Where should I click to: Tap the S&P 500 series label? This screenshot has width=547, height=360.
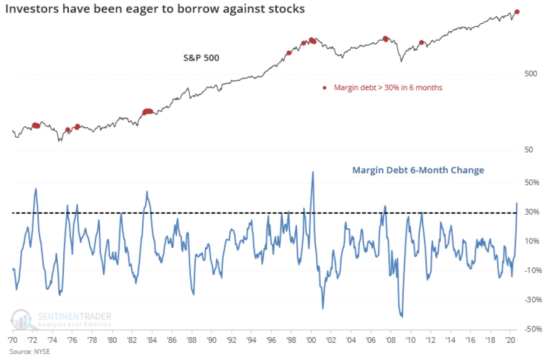(200, 58)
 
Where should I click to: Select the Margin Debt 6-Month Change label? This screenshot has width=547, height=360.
(418, 170)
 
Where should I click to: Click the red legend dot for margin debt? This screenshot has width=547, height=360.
(325, 87)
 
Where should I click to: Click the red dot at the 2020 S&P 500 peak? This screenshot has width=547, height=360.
(517, 12)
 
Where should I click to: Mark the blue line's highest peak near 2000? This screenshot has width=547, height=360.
(313, 172)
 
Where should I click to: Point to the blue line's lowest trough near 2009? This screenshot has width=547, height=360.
(401, 317)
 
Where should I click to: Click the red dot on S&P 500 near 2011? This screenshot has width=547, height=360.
(421, 42)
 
